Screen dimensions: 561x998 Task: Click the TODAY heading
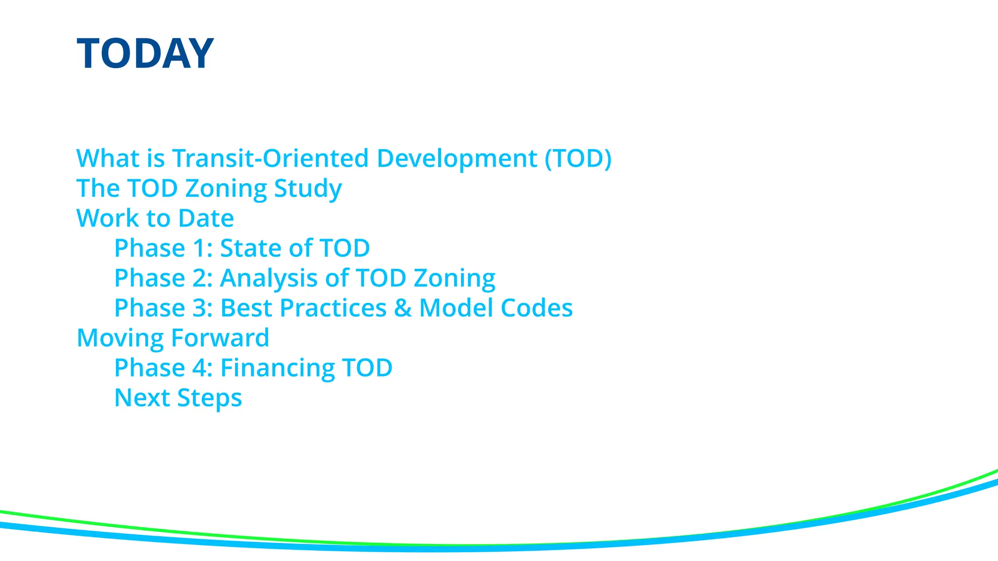coord(145,54)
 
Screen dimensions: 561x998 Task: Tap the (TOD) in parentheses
coord(578,159)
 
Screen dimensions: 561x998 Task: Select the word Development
coord(457,159)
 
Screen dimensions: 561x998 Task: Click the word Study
coord(307,189)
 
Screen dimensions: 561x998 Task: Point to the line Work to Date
coord(155,218)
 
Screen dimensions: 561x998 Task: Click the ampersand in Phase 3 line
coord(403,308)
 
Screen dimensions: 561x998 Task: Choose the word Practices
coord(333,308)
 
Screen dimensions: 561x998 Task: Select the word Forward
coord(220,338)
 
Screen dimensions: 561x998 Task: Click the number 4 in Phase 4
coord(200,368)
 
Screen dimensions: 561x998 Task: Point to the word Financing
coord(277,368)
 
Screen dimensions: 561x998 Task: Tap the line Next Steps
coord(178,398)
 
